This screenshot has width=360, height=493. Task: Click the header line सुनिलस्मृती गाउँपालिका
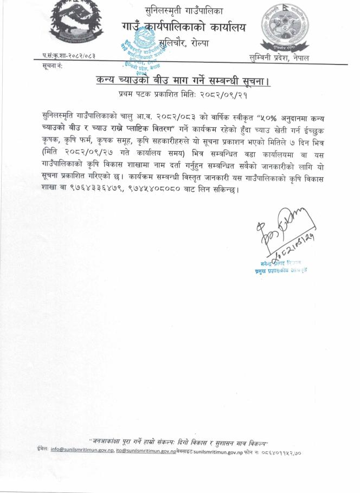(x=184, y=11)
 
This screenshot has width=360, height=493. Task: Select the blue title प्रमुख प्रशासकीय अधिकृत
(x=281, y=270)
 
